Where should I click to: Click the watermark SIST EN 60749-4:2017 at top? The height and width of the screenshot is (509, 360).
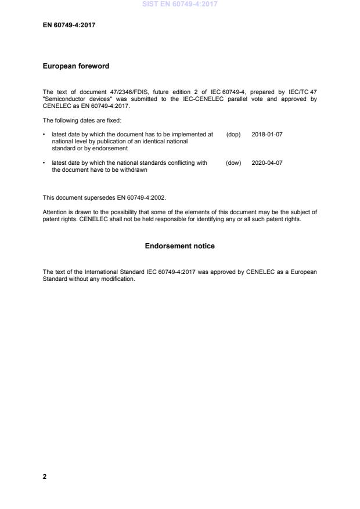179,5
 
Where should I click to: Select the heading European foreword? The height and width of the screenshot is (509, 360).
75,66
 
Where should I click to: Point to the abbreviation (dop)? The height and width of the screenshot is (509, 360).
233,134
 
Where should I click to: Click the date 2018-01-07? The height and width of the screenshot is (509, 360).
267,134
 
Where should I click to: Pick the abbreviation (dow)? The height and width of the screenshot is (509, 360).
233,163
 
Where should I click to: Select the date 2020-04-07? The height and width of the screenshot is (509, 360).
267,163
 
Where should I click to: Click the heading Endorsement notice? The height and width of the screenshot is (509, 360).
179,246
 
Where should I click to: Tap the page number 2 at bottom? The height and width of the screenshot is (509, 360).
45,476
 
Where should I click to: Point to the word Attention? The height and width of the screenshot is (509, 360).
55,212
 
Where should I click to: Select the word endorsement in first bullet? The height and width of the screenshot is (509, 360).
109,148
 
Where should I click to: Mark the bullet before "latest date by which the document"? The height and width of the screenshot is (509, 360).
45,134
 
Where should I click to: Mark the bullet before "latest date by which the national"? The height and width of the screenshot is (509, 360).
45,163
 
